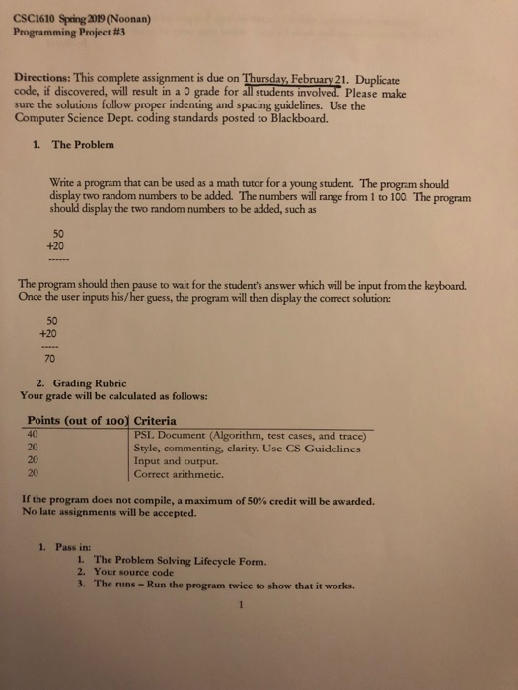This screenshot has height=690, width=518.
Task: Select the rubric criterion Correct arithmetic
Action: (184, 473)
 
